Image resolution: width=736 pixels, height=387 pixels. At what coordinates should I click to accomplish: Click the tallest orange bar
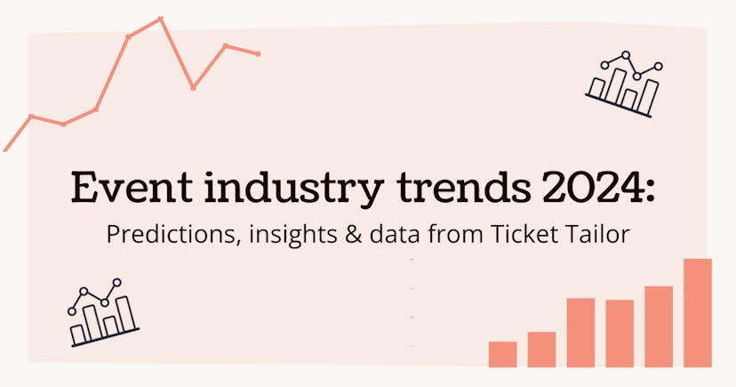(x=698, y=313)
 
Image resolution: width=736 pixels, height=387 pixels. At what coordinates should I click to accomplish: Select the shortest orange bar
(x=502, y=354)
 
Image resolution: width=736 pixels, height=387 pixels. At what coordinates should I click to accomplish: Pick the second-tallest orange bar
(x=659, y=327)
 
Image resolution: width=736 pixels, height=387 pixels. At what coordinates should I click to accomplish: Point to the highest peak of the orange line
(x=161, y=18)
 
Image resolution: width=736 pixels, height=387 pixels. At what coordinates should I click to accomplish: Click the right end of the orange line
(x=258, y=54)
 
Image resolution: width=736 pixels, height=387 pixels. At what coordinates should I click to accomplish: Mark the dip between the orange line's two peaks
(x=194, y=87)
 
